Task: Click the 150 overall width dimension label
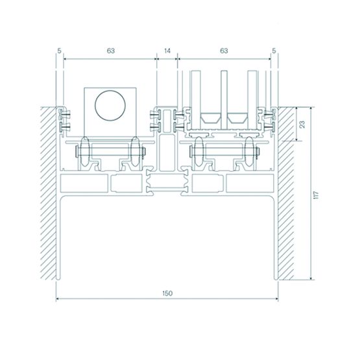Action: click(x=167, y=293)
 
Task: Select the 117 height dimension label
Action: click(x=317, y=195)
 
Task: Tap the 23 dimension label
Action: click(x=303, y=124)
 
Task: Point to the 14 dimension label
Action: click(x=167, y=51)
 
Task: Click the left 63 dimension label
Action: click(x=111, y=51)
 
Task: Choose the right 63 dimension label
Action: click(x=224, y=51)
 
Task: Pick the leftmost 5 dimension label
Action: click(x=60, y=51)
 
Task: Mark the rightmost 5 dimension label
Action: click(x=274, y=51)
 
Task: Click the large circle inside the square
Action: click(x=110, y=90)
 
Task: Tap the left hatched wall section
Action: click(x=49, y=193)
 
